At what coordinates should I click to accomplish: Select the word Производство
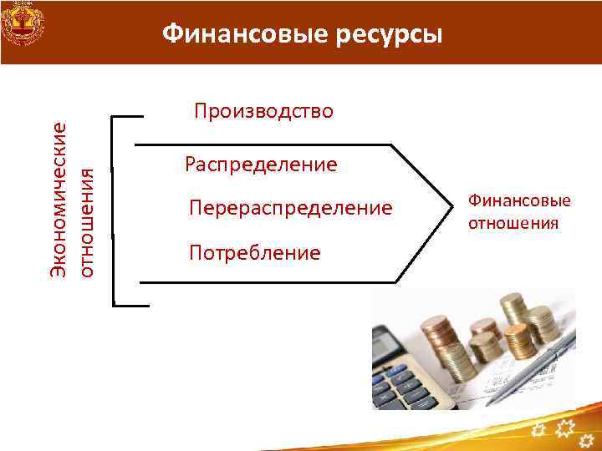tap(263, 111)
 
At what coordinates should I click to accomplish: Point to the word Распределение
tap(262, 164)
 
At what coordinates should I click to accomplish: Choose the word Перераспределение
tap(290, 207)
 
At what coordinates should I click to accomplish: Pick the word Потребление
tap(255, 252)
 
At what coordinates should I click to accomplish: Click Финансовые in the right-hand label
tap(519, 200)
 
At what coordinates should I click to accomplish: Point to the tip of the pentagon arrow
tap(452, 212)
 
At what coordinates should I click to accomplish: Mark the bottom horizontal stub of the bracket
tap(130, 305)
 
